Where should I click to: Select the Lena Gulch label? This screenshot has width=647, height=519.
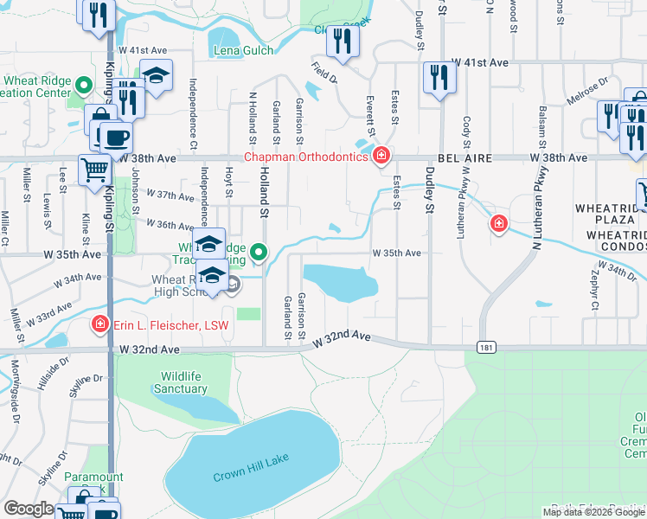pos(244,51)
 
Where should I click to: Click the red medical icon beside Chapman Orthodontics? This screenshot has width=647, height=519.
pos(381,157)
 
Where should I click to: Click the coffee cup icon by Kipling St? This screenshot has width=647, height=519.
pos(115,137)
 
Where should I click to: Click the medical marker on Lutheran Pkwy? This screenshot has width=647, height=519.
pos(498,224)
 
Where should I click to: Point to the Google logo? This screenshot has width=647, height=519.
pos(29,509)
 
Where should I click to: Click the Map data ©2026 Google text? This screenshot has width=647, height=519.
pos(593,512)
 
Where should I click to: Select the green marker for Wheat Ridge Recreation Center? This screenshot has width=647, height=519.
pos(84,86)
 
